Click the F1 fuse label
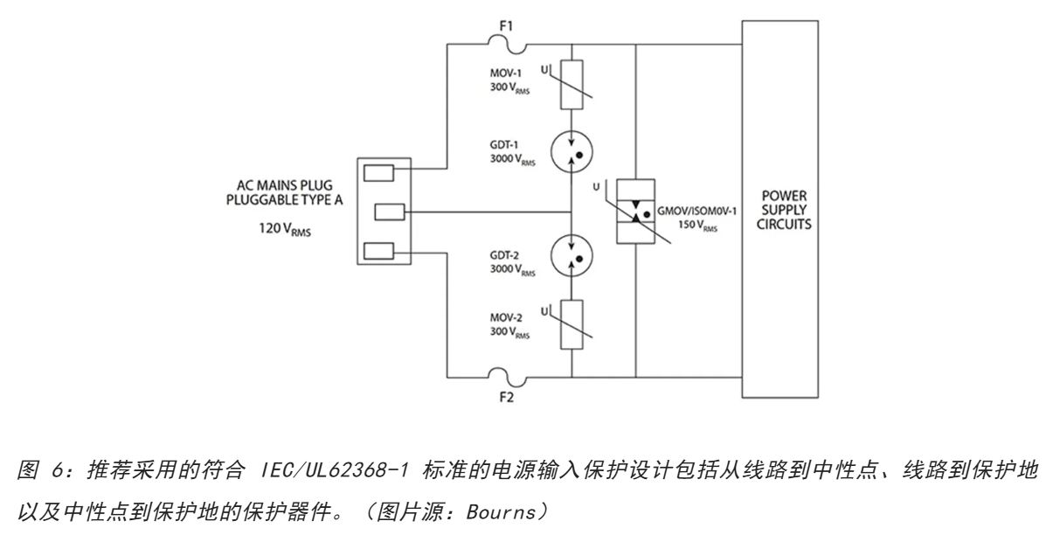(x=505, y=27)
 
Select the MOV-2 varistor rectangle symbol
(x=571, y=324)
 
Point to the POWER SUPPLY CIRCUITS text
(x=779, y=211)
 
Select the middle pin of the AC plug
(x=390, y=211)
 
